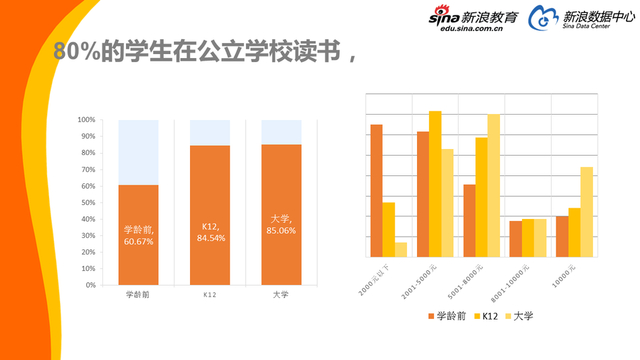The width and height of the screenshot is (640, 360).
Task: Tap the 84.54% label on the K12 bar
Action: (x=210, y=232)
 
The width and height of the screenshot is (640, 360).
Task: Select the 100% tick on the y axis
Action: (x=87, y=120)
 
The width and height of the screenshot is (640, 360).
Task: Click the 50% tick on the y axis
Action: (x=88, y=202)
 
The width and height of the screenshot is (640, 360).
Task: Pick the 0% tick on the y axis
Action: (x=90, y=285)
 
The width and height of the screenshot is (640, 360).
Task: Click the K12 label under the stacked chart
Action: (x=210, y=296)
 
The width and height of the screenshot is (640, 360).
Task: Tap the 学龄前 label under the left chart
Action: (x=139, y=296)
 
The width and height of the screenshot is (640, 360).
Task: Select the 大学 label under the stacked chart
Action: (x=281, y=296)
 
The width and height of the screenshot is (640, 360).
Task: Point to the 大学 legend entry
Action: (x=521, y=316)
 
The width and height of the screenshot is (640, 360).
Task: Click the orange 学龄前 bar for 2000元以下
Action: (x=376, y=191)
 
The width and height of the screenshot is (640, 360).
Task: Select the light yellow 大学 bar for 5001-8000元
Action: (x=493, y=186)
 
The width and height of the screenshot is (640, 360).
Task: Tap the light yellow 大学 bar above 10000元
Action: (x=586, y=212)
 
